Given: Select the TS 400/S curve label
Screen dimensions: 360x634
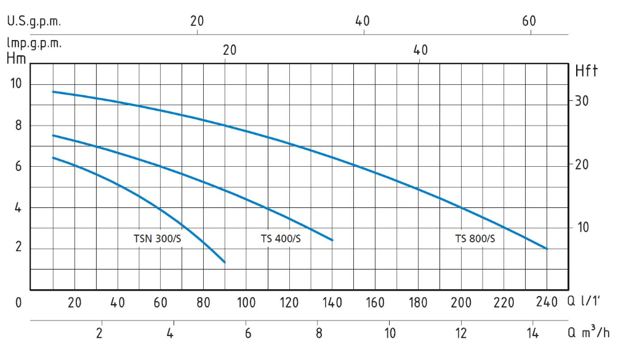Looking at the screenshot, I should click(281, 239).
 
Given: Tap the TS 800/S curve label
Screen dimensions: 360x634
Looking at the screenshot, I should click(475, 239).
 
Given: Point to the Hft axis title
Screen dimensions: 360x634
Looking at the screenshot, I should click(586, 71).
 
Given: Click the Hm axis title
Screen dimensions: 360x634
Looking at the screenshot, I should click(16, 59).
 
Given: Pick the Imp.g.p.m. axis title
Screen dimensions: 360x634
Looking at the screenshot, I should click(34, 44).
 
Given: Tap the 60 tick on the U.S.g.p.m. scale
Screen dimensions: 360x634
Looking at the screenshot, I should click(529, 21).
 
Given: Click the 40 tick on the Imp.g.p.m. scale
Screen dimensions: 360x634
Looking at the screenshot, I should click(420, 50).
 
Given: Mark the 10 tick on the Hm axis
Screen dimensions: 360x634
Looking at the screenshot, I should click(17, 84).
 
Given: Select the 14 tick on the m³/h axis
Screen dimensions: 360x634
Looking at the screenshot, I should click(533, 334).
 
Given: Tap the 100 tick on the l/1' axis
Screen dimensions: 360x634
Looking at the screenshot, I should click(246, 302).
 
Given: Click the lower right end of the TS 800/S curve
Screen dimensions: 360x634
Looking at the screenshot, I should click(547, 249).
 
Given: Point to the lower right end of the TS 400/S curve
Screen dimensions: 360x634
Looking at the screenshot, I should click(332, 240).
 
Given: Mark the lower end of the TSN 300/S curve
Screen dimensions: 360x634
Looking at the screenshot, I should click(225, 262).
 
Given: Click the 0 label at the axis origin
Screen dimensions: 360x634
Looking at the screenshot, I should click(19, 302).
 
